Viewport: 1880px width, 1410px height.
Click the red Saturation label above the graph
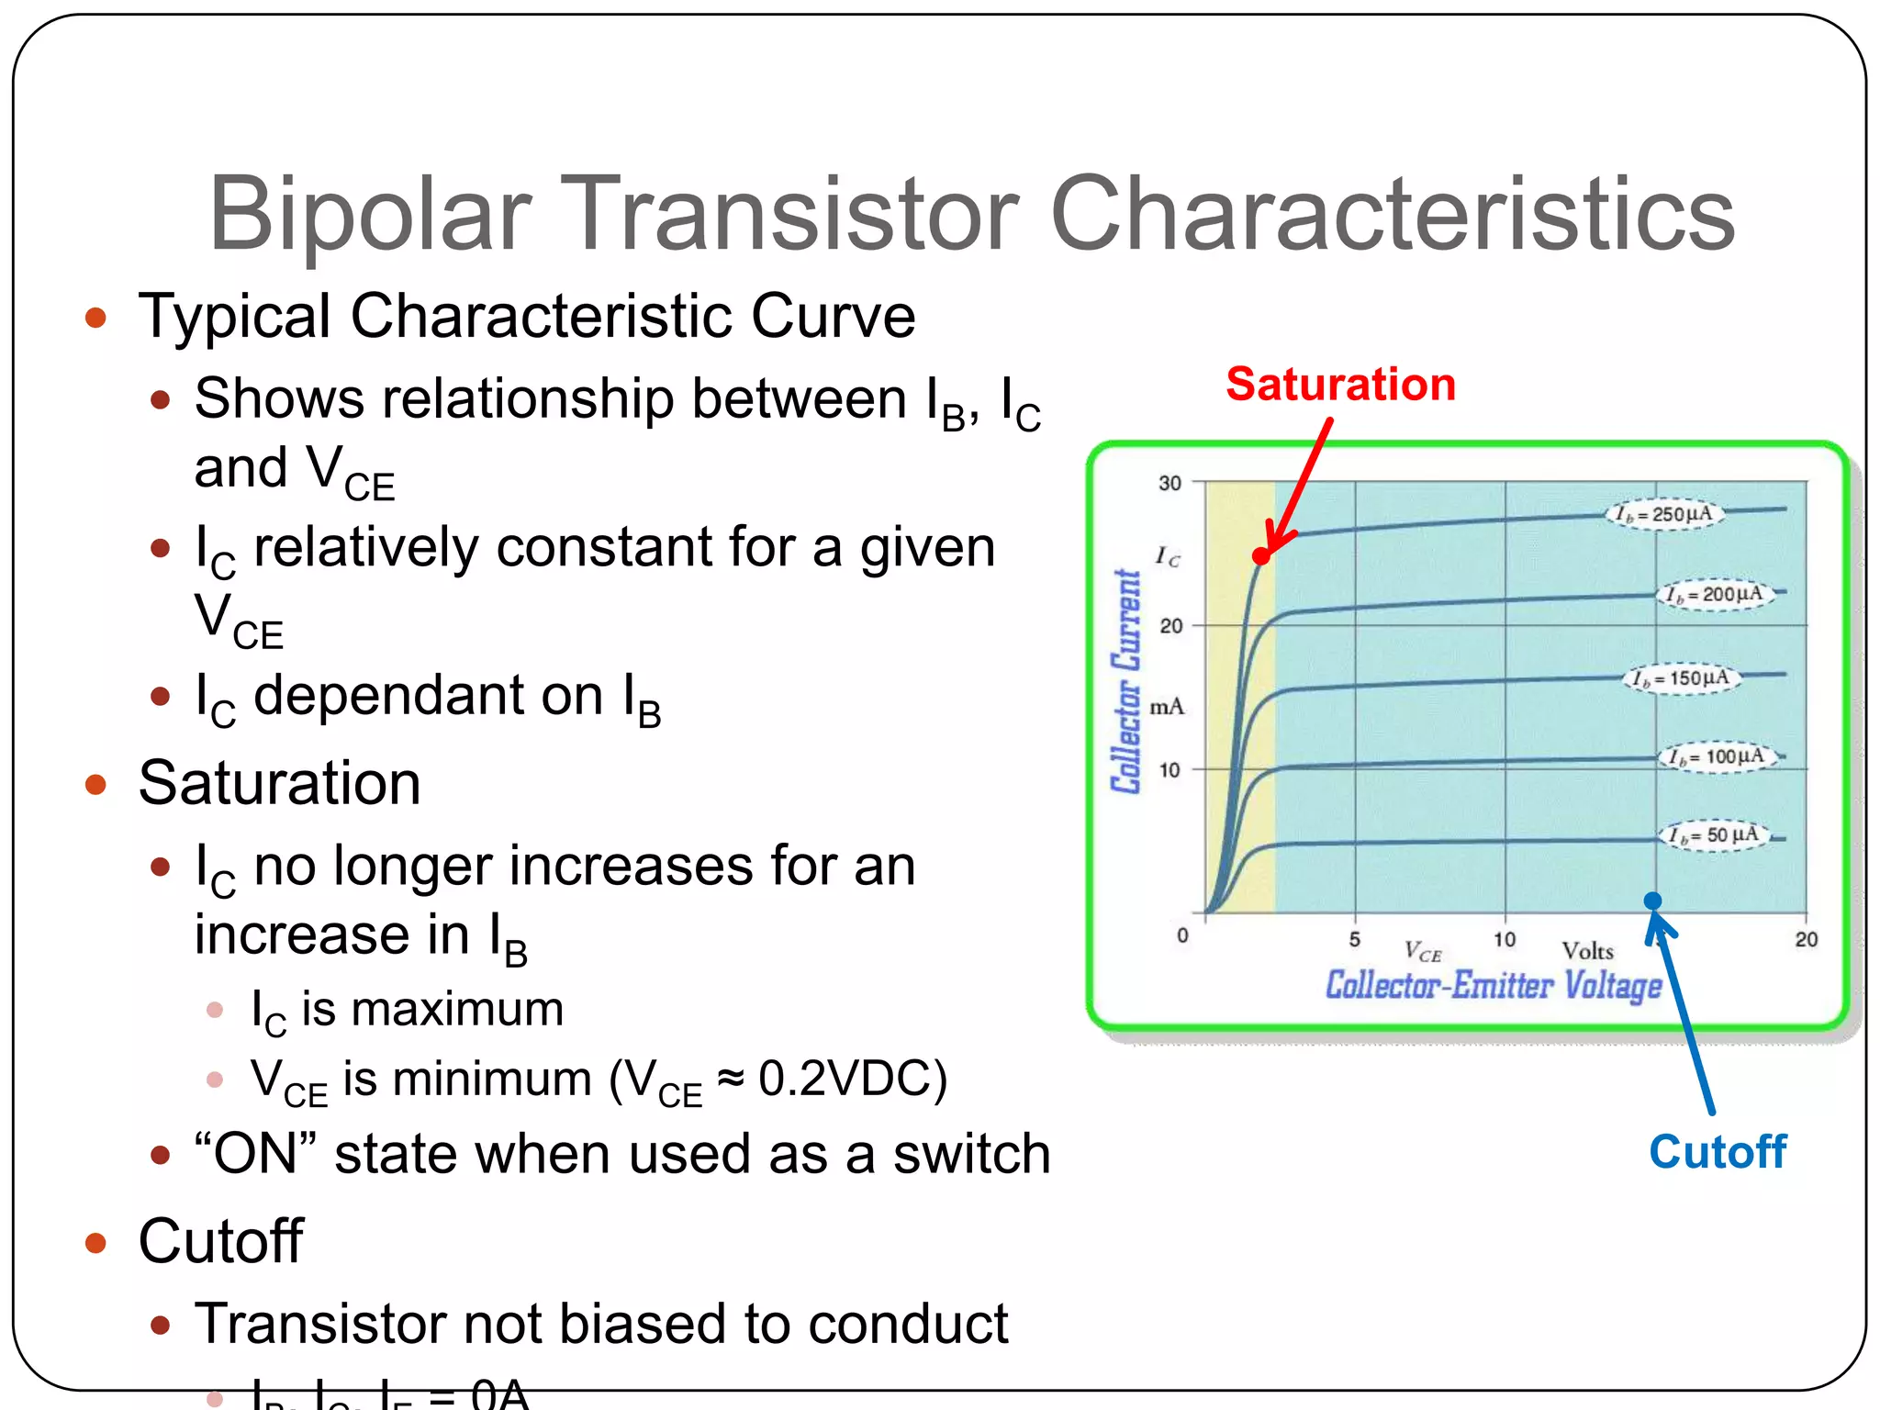[x=1340, y=384]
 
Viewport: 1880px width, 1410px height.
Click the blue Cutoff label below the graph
[x=1718, y=1151]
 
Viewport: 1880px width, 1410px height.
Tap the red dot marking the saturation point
[x=1261, y=556]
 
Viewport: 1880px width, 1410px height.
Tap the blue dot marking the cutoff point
[x=1652, y=901]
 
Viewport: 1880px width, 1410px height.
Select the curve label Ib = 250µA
[x=1664, y=513]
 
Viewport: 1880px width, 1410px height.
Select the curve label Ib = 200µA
[x=1715, y=594]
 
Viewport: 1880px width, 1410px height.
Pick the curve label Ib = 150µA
[x=1681, y=678]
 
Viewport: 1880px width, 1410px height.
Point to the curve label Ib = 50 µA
[x=1714, y=835]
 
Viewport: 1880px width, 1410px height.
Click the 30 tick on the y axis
[x=1169, y=483]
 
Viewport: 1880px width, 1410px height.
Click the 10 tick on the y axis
[x=1169, y=769]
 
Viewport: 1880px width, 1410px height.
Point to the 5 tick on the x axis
[x=1354, y=939]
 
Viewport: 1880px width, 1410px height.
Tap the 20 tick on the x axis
[x=1806, y=939]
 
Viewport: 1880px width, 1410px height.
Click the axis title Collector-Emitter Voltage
[x=1494, y=985]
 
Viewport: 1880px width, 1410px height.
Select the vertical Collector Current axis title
[x=1126, y=681]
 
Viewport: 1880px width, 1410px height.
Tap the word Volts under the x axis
[x=1587, y=951]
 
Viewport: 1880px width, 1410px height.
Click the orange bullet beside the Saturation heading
[x=95, y=784]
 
